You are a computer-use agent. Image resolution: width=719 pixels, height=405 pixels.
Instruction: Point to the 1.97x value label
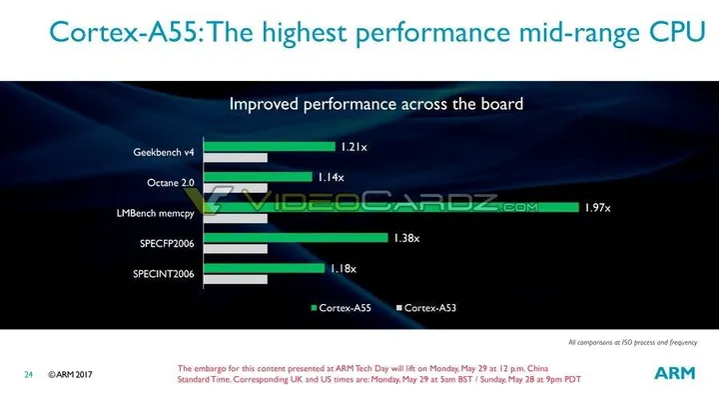tap(598, 207)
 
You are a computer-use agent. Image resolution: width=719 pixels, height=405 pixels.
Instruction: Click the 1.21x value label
tap(354, 147)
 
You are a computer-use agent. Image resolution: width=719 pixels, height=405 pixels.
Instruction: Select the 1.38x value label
tap(404, 238)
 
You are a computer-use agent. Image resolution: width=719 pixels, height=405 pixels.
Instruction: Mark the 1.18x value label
tap(343, 268)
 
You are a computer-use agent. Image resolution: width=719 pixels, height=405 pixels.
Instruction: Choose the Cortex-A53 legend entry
tap(427, 307)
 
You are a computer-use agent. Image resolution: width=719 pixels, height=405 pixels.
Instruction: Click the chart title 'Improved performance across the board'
tap(376, 103)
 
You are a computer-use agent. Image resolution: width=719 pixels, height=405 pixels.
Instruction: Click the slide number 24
tap(29, 375)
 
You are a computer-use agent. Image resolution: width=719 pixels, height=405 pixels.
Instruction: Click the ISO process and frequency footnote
tap(633, 343)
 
